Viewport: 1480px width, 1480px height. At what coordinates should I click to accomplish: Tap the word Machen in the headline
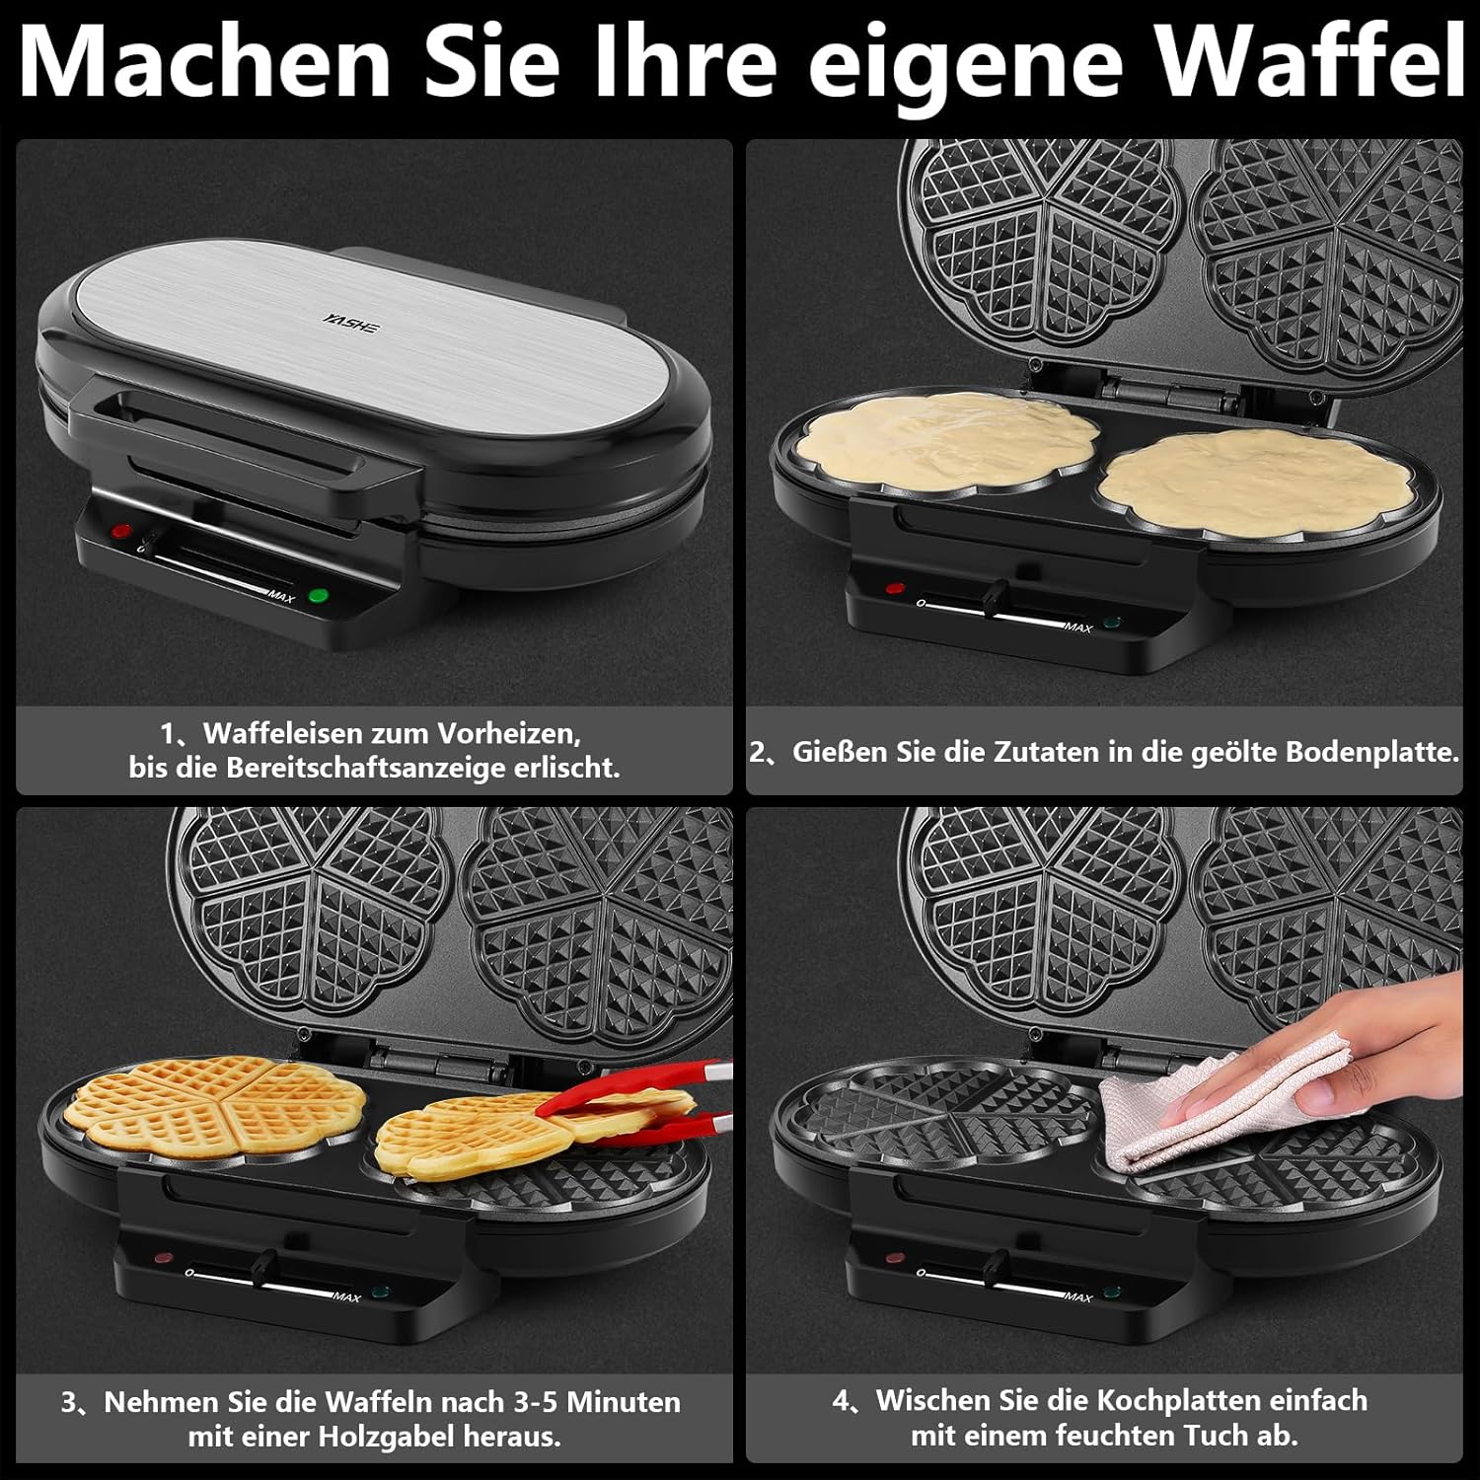pyautogui.click(x=205, y=61)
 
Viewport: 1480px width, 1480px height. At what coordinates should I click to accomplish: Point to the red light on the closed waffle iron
pyautogui.click(x=121, y=531)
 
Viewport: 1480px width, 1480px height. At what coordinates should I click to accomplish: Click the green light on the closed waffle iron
pyautogui.click(x=318, y=595)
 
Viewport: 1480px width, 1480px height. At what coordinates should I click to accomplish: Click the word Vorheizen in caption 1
pyautogui.click(x=508, y=733)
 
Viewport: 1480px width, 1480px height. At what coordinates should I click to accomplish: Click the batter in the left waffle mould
pyautogui.click(x=947, y=442)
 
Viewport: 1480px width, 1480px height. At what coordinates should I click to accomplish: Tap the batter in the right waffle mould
pyautogui.click(x=1257, y=481)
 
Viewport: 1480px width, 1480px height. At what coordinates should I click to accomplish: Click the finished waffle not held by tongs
pyautogui.click(x=214, y=1106)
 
